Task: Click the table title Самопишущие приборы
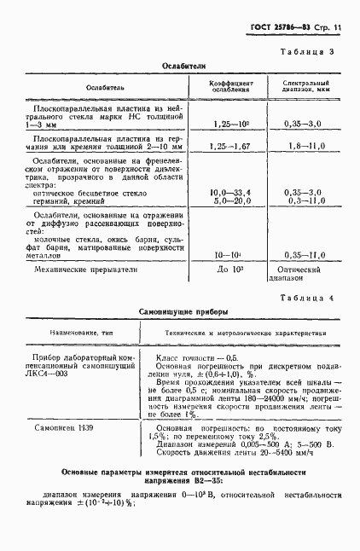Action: [x=179, y=312]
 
